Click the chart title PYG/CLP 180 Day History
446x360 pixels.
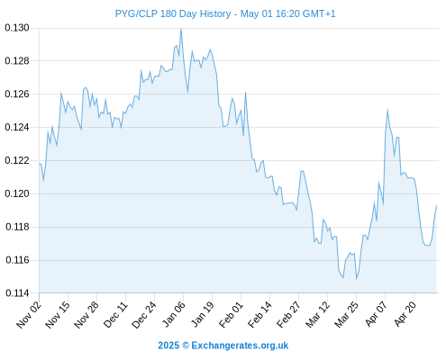[x=173, y=14]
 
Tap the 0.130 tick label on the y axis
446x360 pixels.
[x=17, y=28]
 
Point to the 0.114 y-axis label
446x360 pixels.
[x=17, y=293]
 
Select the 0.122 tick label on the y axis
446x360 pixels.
[x=17, y=160]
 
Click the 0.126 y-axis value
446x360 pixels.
[x=17, y=94]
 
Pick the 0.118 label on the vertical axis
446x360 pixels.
[x=17, y=227]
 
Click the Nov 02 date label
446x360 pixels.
[x=29, y=314]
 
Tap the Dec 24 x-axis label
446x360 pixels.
[x=144, y=314]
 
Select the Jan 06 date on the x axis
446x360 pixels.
[x=174, y=314]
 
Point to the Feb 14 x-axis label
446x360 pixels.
[x=259, y=314]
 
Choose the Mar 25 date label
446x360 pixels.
[x=346, y=314]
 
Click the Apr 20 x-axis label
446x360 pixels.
[x=405, y=314]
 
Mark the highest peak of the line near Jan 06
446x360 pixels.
[x=181, y=29]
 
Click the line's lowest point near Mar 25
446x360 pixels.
[x=357, y=279]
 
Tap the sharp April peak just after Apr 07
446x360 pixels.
[x=387, y=110]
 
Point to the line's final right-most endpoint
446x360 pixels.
[x=436, y=206]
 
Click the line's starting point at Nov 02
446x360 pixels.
[x=40, y=164]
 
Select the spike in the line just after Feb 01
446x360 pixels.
[x=245, y=93]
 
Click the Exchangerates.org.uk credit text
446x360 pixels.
[x=240, y=346]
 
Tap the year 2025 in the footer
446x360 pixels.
[x=168, y=346]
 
